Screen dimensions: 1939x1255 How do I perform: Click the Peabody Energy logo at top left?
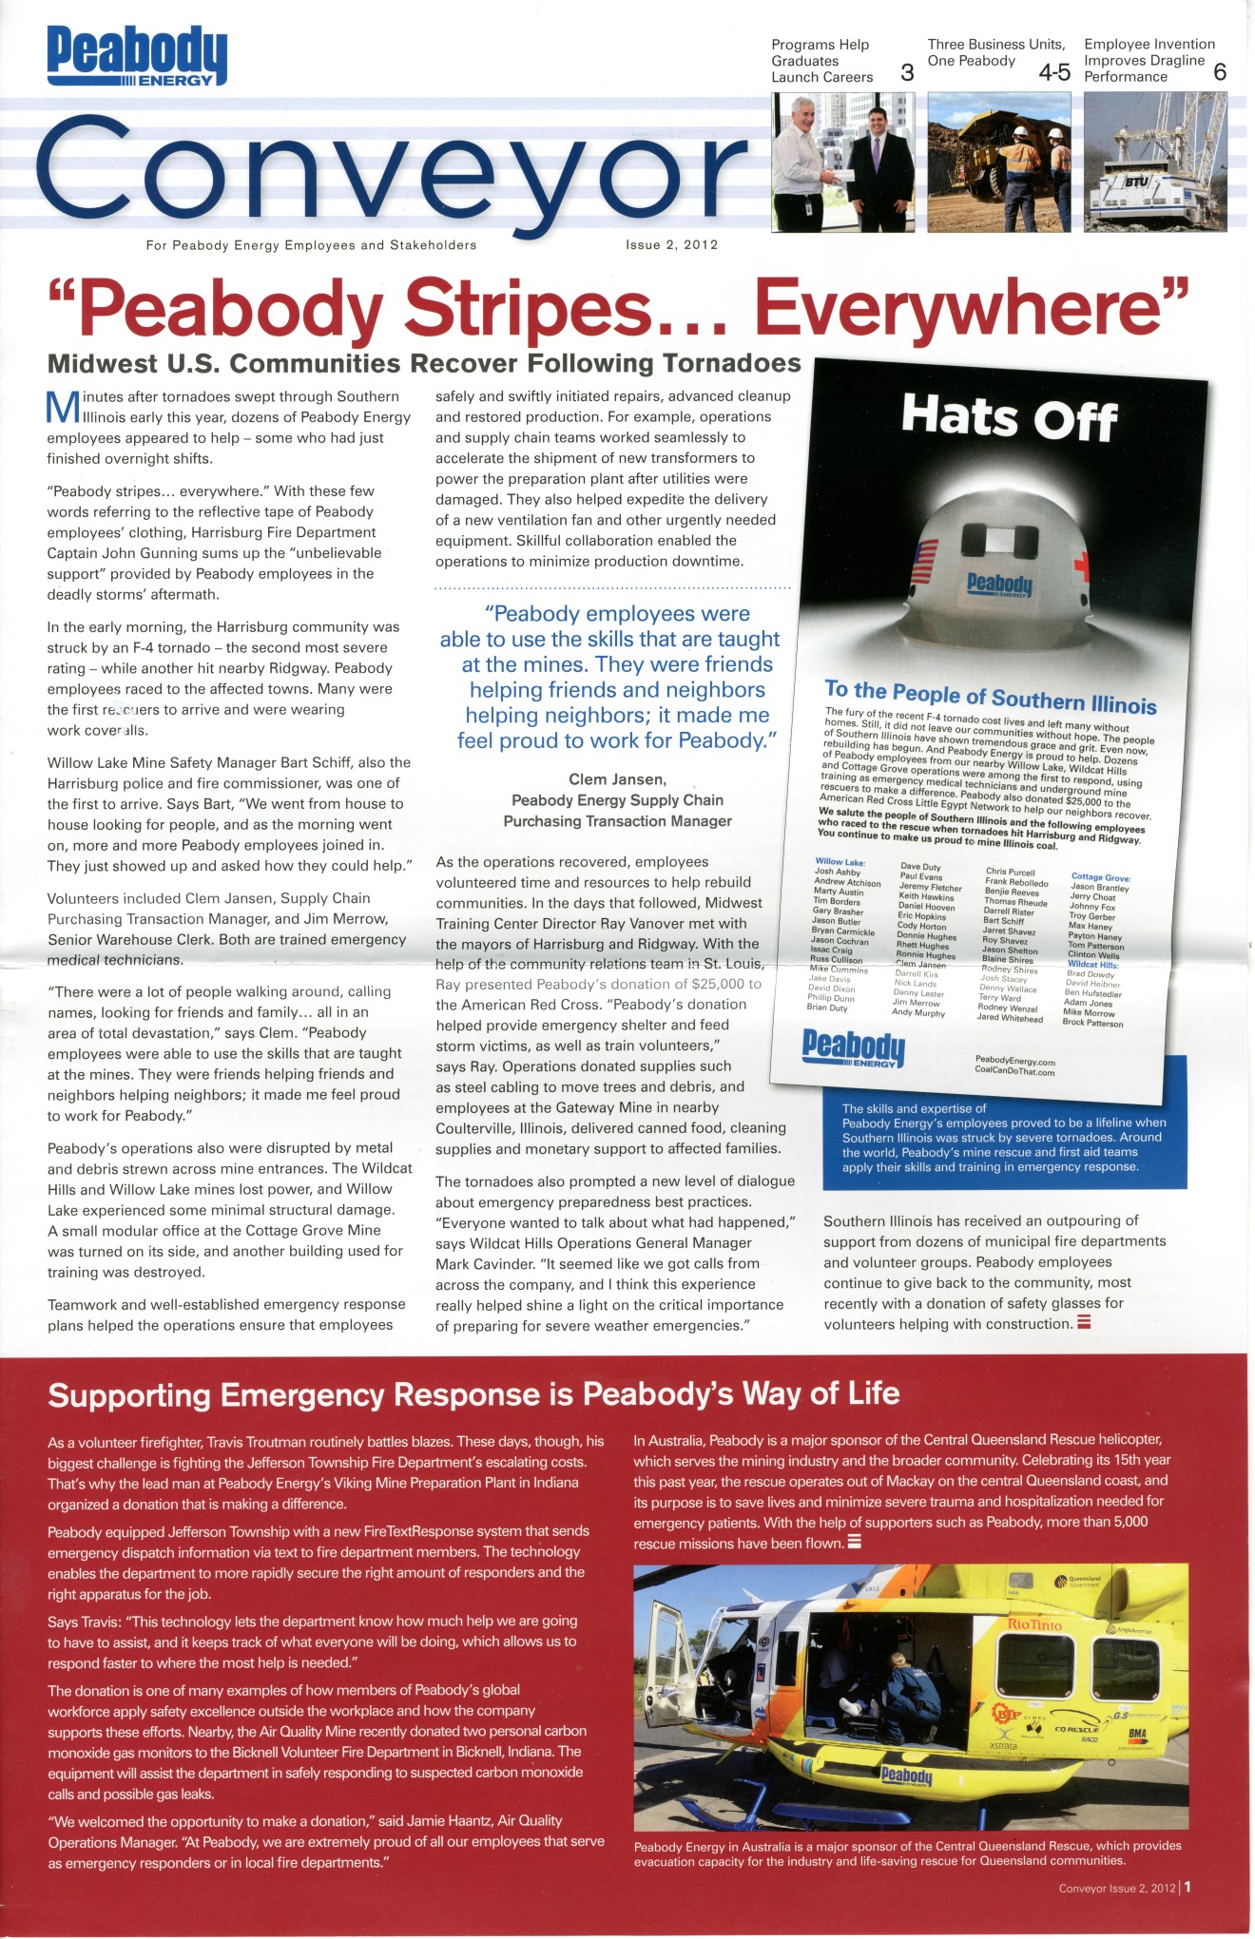point(137,55)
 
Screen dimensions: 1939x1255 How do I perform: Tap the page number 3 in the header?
point(907,72)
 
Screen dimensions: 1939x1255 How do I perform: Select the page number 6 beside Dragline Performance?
point(1220,72)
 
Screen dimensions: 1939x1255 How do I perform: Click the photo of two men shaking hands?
point(844,161)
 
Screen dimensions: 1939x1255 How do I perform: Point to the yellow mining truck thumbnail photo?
point(999,161)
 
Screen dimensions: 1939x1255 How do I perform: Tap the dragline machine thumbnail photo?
point(1155,161)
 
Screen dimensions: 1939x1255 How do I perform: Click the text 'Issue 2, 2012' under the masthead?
point(671,245)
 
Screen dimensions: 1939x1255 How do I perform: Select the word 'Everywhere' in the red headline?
point(971,308)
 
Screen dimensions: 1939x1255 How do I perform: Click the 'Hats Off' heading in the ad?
point(1009,417)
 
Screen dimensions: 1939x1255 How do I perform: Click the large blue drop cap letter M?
point(61,406)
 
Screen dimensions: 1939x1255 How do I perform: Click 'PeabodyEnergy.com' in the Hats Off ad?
point(1014,1061)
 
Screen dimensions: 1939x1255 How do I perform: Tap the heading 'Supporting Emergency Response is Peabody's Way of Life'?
point(473,1394)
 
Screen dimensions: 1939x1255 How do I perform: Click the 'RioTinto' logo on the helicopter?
point(1033,1624)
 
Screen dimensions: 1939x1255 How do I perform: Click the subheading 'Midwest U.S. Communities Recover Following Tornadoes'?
point(424,364)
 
